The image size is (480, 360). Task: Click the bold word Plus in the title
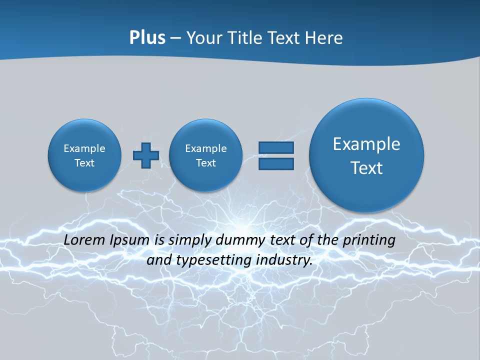pos(147,38)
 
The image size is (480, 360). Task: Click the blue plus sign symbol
pos(146,155)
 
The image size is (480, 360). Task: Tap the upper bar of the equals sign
pos(276,147)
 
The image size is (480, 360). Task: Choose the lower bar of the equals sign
pos(276,164)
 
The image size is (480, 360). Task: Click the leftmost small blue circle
pos(84,155)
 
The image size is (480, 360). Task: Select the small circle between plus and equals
pos(205,155)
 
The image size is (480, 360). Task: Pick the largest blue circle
pos(366,155)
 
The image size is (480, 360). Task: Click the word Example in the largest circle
pos(366,144)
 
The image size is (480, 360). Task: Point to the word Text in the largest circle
pos(366,168)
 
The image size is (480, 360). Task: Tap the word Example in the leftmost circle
pos(84,148)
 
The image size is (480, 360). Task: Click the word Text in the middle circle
pos(205,163)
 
